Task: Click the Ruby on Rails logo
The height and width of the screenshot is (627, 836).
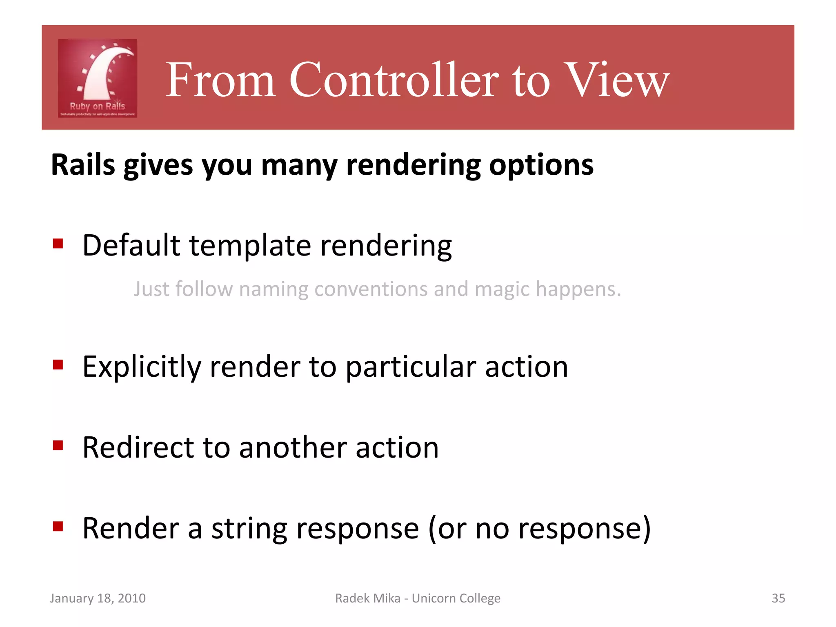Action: coord(98,78)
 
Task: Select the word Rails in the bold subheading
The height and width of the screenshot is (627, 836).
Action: coord(83,165)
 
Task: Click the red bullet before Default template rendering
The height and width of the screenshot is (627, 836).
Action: coord(58,244)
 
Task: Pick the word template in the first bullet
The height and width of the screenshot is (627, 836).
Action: coord(250,246)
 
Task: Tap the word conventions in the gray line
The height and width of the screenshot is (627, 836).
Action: coord(370,289)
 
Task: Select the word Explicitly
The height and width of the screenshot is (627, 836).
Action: coord(142,367)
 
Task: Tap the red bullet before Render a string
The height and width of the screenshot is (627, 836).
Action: coord(58,526)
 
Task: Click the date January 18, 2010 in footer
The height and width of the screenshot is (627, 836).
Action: coord(98,598)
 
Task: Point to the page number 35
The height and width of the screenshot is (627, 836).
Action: coord(778,598)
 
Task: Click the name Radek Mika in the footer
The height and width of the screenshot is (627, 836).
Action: coord(367,598)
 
